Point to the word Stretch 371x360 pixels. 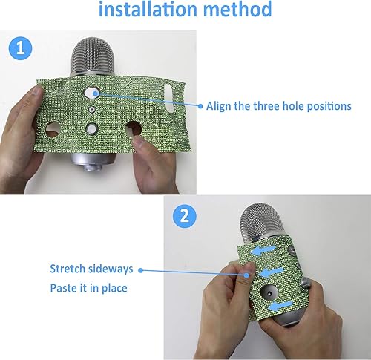point(69,269)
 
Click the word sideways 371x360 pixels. point(113,269)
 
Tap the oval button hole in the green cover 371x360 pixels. point(92,94)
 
